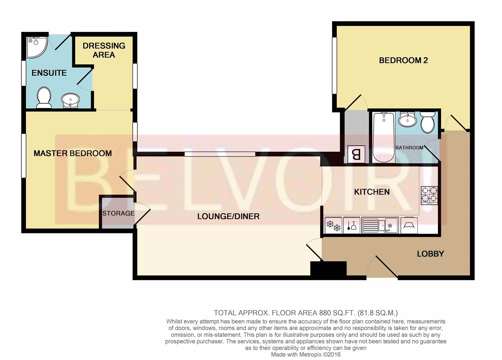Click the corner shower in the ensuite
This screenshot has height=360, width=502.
tap(36, 47)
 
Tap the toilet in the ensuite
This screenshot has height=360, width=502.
tap(44, 98)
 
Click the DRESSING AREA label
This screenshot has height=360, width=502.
tap(104, 50)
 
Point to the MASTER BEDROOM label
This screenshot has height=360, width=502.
tap(73, 153)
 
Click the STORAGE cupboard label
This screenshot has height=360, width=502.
tap(118, 213)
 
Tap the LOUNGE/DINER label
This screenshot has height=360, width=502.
tap(228, 216)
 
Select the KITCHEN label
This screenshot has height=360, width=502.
tap(372, 192)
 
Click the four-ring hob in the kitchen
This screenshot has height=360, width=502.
tap(429, 195)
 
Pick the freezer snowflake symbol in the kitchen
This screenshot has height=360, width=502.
tap(333, 226)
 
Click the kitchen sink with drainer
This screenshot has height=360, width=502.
tap(380, 226)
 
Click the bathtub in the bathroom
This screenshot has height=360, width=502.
tap(383, 137)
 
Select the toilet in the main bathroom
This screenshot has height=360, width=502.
tap(427, 122)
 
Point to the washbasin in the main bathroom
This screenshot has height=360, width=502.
tap(408, 119)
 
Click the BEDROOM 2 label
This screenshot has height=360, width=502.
tap(403, 60)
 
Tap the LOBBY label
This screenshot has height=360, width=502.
tap(430, 254)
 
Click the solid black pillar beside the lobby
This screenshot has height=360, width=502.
tap(328, 268)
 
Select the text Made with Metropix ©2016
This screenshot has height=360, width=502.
tap(306, 355)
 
